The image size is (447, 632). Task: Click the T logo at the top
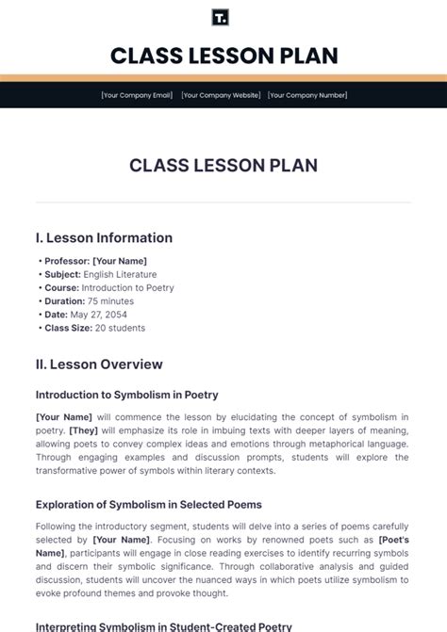point(223,17)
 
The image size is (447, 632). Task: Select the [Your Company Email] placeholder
point(137,95)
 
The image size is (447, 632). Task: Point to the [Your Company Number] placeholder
point(306,95)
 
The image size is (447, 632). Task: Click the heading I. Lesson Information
point(104,238)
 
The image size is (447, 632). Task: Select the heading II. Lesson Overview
point(99,365)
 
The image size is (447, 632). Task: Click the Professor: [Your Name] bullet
point(95,261)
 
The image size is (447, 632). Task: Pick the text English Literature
point(121,274)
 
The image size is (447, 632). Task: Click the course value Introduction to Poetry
point(127,288)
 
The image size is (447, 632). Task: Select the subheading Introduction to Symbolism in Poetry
point(127,395)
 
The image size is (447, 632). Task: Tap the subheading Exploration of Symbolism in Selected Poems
point(149,505)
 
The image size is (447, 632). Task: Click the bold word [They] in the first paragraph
point(84,430)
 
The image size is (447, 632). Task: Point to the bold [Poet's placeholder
point(392,540)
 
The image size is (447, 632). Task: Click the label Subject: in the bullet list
point(62,274)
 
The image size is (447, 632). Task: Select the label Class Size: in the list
point(68,328)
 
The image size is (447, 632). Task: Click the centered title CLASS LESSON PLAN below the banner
point(223,166)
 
